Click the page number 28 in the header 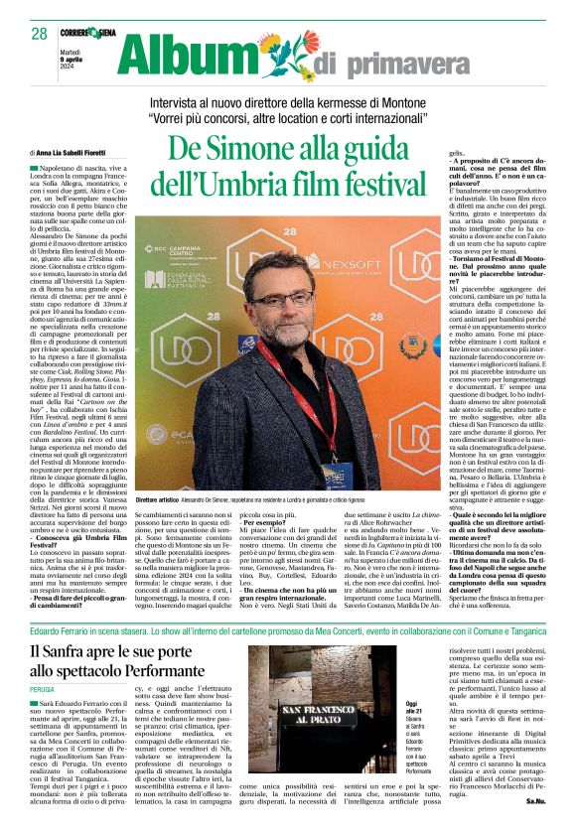(39, 34)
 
